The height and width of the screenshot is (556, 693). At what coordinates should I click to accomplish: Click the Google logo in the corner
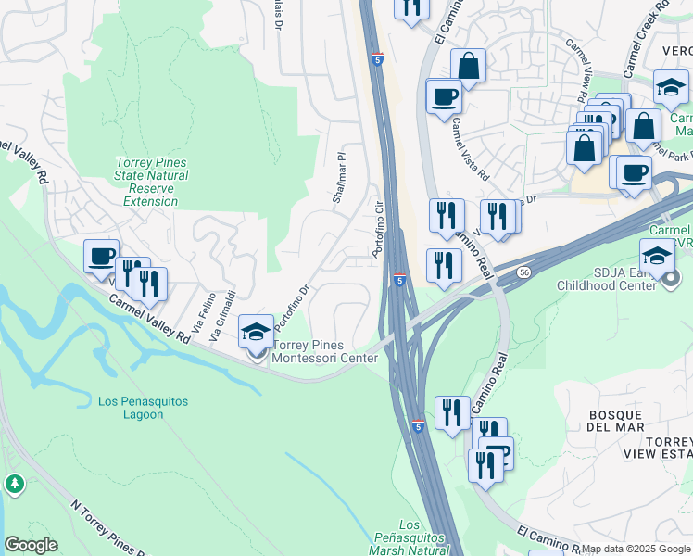(x=31, y=545)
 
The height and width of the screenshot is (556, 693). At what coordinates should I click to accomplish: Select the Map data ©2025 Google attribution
(x=635, y=549)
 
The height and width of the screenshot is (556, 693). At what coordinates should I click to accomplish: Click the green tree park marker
(x=14, y=484)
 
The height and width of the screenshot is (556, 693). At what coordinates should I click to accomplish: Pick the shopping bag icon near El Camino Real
(x=469, y=67)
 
